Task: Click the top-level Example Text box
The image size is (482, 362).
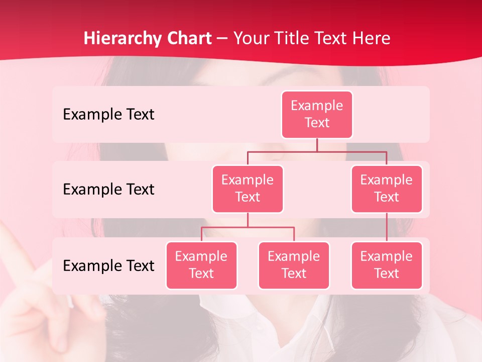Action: [317, 114]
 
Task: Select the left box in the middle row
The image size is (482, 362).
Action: [248, 189]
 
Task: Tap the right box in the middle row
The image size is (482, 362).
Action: [387, 189]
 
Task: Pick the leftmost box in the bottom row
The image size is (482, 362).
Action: [201, 265]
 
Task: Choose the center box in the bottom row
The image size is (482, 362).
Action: [294, 265]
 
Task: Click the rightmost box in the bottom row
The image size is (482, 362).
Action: [387, 265]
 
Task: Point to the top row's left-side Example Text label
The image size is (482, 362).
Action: [108, 115]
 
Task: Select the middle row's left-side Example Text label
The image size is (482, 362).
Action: [108, 190]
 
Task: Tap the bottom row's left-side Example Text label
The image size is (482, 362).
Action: [108, 265]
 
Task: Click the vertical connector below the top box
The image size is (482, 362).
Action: [317, 145]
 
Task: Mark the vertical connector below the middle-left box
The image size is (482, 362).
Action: [248, 220]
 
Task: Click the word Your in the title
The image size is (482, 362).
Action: [252, 38]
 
